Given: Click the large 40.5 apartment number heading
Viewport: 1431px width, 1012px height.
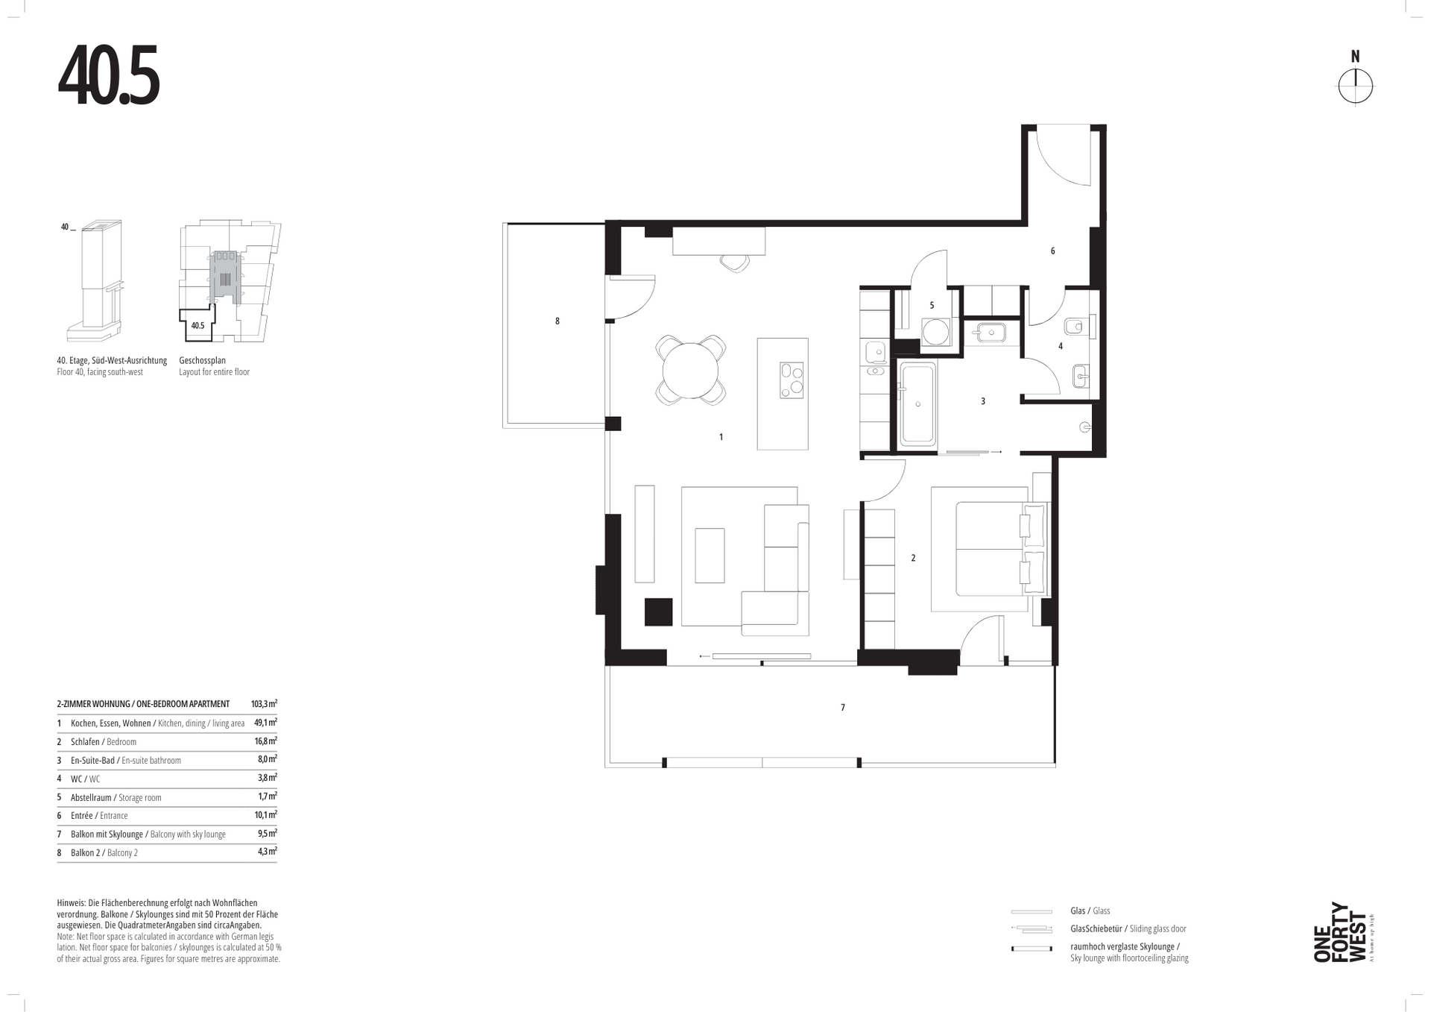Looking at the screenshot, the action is tap(108, 77).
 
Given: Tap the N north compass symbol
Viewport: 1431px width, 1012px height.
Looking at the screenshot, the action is tap(1355, 79).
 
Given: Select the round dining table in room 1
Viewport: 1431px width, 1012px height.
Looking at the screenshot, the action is tap(691, 371).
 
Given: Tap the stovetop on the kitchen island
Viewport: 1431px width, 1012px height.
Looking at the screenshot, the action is tap(792, 380).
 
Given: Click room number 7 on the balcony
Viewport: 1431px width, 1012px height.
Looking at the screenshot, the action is tap(843, 707).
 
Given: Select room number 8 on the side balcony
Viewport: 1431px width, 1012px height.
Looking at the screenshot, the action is tap(557, 321).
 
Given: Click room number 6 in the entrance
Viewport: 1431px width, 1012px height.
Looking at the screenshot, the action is tap(1052, 251).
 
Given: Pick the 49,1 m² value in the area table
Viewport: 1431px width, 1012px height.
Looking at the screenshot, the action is tap(265, 723).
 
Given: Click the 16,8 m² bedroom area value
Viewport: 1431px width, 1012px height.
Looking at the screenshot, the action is tap(265, 741).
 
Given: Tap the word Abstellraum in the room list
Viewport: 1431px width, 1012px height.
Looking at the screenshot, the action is tap(91, 797).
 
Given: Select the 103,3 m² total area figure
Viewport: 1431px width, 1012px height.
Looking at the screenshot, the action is tap(264, 704).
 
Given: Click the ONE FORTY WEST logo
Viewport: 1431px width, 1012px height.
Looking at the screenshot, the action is tap(1342, 933).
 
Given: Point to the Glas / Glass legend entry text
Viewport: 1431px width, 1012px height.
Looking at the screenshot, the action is tap(1090, 911).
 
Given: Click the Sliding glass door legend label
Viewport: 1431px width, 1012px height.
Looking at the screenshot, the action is tap(1157, 928).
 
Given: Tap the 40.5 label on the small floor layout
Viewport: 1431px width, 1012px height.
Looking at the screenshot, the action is tap(198, 326).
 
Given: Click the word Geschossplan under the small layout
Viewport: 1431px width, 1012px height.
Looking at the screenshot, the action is tap(202, 361).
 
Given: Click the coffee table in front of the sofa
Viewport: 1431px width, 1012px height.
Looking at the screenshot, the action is tap(710, 556).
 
